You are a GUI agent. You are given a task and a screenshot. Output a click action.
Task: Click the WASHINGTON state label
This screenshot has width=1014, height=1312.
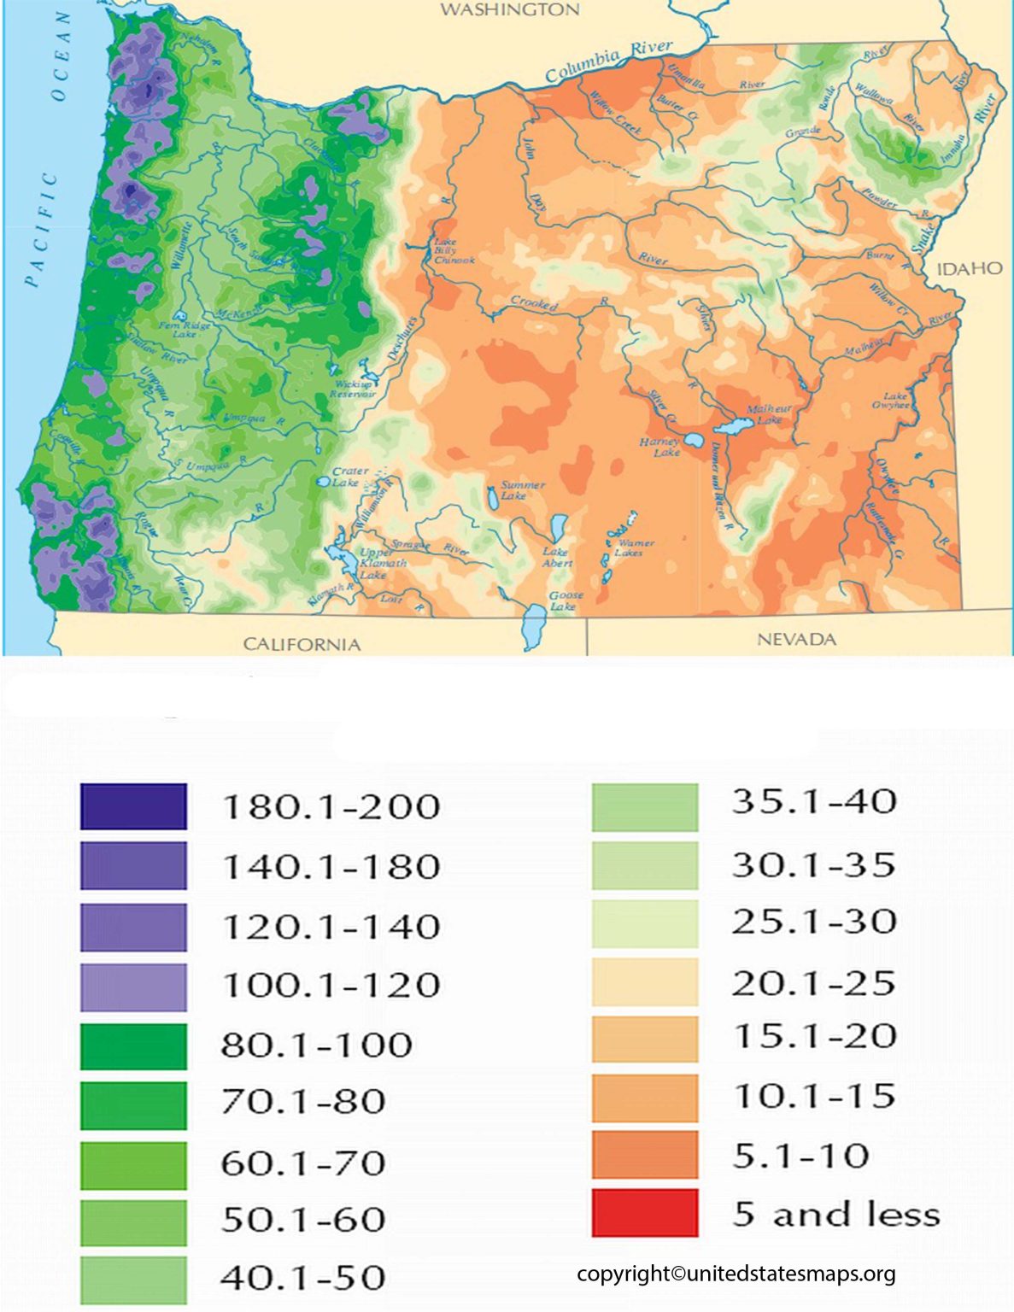(x=510, y=10)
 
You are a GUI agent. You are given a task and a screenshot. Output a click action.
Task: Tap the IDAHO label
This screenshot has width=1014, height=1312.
(x=970, y=269)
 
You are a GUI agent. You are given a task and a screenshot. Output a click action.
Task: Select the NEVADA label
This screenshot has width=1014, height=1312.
(x=796, y=639)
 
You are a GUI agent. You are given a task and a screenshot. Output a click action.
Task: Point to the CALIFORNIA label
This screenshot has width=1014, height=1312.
(x=302, y=644)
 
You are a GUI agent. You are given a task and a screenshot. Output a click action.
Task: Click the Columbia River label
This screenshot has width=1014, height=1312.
(x=608, y=61)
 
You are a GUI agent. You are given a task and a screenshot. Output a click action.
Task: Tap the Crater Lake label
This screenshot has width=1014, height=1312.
(x=349, y=477)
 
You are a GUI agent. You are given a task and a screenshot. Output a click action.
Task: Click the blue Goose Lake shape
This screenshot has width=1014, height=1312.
(x=536, y=626)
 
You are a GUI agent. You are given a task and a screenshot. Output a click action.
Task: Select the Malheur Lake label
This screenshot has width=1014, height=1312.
(x=768, y=414)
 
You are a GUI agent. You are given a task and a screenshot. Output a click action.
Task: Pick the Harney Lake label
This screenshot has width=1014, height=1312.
(x=659, y=447)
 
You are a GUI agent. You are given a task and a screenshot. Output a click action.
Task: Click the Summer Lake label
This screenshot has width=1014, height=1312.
(x=522, y=490)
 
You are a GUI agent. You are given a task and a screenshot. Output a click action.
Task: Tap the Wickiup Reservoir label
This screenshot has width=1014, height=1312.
(x=355, y=389)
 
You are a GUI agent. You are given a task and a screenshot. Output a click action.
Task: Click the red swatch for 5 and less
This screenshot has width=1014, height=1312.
(x=644, y=1213)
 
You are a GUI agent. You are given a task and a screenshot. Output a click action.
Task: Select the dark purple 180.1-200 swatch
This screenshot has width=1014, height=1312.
(x=133, y=806)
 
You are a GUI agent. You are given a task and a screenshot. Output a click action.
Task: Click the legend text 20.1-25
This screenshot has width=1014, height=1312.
(x=812, y=983)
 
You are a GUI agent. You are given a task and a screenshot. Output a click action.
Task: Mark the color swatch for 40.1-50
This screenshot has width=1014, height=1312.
(x=133, y=1279)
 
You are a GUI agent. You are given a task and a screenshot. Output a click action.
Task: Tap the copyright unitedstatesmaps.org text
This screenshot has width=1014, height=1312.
(x=736, y=1274)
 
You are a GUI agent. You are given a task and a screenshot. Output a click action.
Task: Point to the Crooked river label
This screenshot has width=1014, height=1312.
(x=534, y=302)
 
